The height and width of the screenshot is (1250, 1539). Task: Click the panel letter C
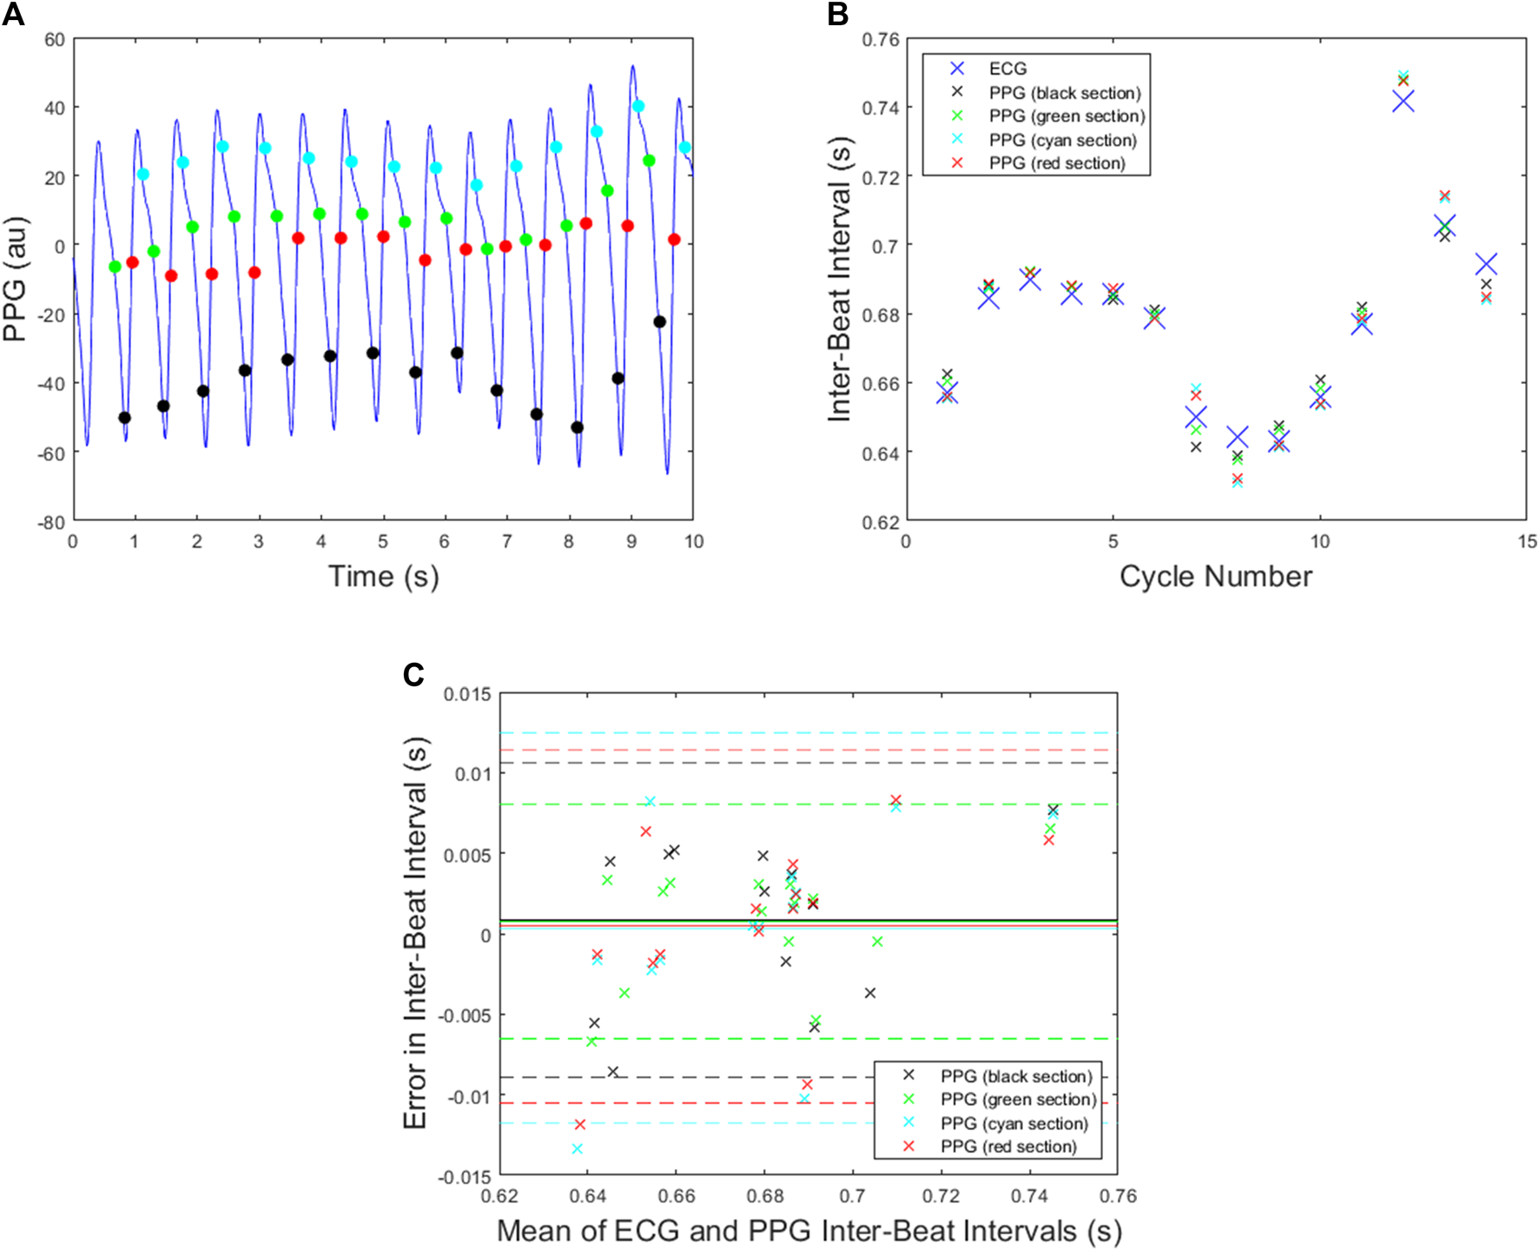coord(413,675)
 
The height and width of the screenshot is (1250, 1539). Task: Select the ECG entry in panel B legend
coord(1007,69)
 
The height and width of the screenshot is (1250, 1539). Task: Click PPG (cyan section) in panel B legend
coord(1062,140)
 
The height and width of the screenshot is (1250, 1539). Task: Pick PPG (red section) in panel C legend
coord(1008,1147)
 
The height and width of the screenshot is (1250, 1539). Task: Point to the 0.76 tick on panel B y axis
coord(881,39)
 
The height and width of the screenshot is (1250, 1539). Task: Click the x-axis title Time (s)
coord(383,576)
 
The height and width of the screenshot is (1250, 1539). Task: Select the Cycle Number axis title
coord(1215,576)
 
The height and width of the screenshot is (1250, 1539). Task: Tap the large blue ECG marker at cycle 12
coord(1403,101)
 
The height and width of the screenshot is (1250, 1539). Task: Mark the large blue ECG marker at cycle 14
coord(1486,264)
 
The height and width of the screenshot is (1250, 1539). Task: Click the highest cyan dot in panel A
coord(638,106)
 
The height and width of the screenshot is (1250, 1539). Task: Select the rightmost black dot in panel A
coord(659,321)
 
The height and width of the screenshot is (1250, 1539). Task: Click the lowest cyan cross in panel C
coord(577,1148)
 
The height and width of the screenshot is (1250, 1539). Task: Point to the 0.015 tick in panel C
coord(467,694)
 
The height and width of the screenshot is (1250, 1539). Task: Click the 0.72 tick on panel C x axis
coord(941,1196)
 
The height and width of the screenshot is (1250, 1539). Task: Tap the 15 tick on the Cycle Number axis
coord(1527,542)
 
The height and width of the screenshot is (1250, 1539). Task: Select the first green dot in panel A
coord(115,267)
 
